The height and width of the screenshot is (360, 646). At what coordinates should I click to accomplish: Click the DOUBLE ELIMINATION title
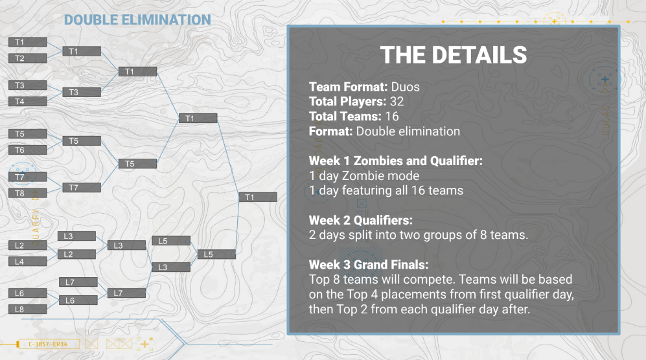pyautogui.click(x=137, y=20)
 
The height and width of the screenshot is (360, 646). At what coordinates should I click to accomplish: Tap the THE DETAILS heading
pyautogui.click(x=453, y=55)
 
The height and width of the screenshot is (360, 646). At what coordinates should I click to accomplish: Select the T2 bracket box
pyautogui.click(x=28, y=58)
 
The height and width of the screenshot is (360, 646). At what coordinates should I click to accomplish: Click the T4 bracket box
pyautogui.click(x=28, y=101)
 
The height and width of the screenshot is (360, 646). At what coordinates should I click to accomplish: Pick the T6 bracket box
pyautogui.click(x=28, y=150)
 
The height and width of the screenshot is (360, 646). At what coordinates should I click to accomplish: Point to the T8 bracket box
pyautogui.click(x=28, y=193)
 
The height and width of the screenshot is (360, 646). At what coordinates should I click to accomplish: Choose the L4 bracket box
pyautogui.click(x=28, y=262)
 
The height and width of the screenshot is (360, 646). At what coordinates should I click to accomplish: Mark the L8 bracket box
pyautogui.click(x=28, y=309)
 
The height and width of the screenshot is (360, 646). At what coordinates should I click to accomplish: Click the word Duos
pyautogui.click(x=406, y=87)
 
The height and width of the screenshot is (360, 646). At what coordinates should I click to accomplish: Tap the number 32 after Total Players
pyautogui.click(x=397, y=102)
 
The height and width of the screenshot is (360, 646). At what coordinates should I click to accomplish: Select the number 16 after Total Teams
pyautogui.click(x=392, y=117)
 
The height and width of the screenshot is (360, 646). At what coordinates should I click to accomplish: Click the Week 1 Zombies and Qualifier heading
pyautogui.click(x=395, y=161)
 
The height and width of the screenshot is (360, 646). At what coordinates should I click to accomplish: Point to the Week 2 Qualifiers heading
pyautogui.click(x=360, y=220)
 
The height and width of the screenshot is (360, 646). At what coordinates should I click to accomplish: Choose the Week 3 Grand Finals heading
pyautogui.click(x=369, y=264)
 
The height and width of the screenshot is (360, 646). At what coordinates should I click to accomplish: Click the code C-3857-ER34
pyautogui.click(x=48, y=344)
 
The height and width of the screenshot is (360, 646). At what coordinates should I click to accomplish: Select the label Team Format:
pyautogui.click(x=348, y=87)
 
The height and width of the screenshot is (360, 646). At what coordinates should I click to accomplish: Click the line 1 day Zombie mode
pyautogui.click(x=364, y=176)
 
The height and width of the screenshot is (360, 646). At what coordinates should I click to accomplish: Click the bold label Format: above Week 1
pyautogui.click(x=331, y=131)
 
